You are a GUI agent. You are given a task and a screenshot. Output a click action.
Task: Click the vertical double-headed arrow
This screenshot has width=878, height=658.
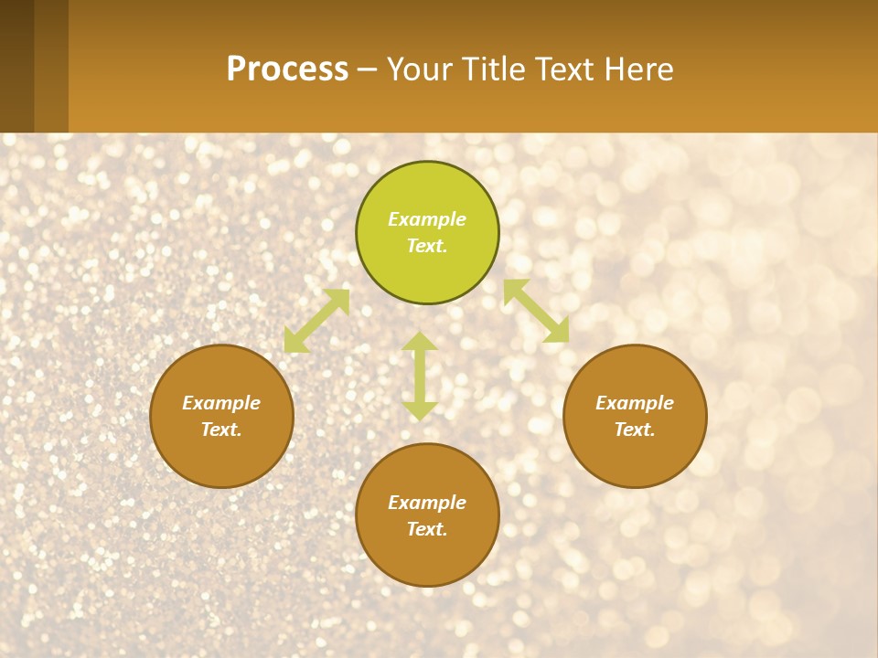tap(420, 377)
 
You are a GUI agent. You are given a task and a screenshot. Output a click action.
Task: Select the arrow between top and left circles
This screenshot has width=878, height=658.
tap(316, 321)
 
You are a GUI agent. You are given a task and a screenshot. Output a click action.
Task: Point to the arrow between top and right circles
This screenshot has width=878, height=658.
tap(536, 312)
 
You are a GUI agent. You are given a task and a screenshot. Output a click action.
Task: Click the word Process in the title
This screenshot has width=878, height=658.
tap(287, 69)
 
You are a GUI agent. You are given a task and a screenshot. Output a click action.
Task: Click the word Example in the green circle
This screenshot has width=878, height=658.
tap(427, 219)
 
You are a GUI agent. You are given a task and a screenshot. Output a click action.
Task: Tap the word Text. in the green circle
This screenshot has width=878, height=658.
tap(427, 246)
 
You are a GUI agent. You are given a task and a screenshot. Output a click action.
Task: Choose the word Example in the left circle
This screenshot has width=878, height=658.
tap(221, 403)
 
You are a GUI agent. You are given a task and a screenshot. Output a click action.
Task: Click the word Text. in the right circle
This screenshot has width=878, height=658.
tap(635, 430)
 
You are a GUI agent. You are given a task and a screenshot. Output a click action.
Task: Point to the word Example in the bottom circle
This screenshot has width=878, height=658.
tap(427, 503)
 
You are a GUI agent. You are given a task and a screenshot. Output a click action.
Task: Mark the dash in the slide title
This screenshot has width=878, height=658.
tap(368, 70)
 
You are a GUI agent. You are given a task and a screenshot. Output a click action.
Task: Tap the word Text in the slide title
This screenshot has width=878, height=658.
tap(564, 69)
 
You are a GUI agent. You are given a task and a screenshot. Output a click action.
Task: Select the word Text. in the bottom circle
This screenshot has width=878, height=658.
tap(427, 529)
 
